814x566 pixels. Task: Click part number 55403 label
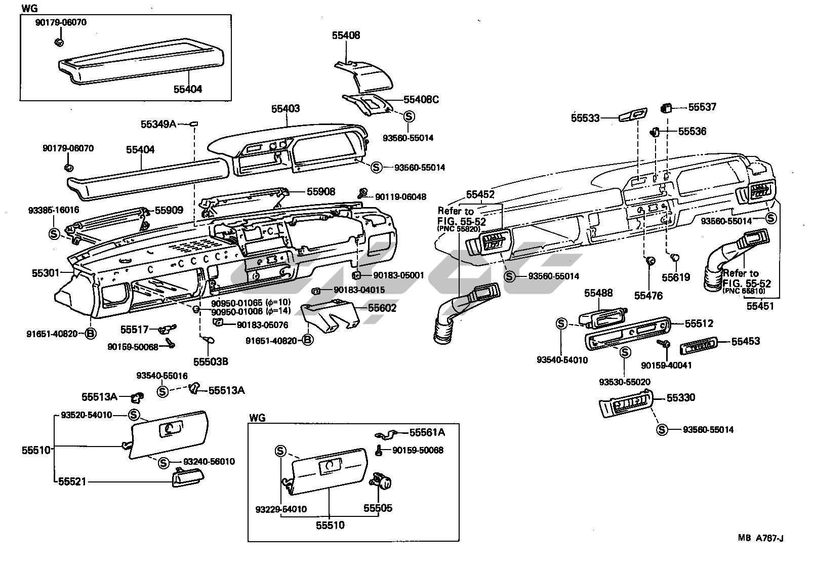tap(285, 109)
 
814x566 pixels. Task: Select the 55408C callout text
tap(421, 100)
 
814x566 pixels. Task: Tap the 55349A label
tap(158, 124)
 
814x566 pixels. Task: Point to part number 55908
tap(320, 192)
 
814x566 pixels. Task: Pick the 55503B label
tap(211, 361)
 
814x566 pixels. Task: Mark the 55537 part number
tap(702, 107)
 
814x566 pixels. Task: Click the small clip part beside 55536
tap(654, 132)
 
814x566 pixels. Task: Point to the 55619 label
tap(676, 277)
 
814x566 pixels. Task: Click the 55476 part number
tap(648, 296)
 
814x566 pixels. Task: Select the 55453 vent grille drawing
tap(698, 345)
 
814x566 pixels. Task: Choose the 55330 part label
tap(680, 398)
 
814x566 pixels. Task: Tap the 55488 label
tap(598, 293)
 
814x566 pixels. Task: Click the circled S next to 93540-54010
tap(561, 324)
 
